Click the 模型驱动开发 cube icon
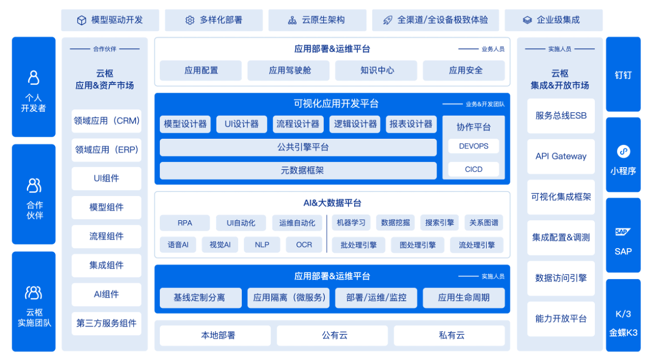[x=81, y=20]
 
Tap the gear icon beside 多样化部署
[x=190, y=20]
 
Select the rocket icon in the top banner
[x=387, y=20]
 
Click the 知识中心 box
[x=377, y=70]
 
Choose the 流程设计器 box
[x=297, y=124]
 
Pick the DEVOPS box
[x=473, y=146]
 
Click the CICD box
[x=473, y=169]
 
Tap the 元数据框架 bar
[x=298, y=170]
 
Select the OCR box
[x=304, y=244]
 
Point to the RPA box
[x=184, y=223]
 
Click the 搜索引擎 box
[x=439, y=223]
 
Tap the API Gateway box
[x=561, y=156]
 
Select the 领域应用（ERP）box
[x=106, y=150]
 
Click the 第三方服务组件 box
[x=106, y=323]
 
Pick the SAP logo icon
[x=623, y=232]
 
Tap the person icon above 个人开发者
[x=34, y=78]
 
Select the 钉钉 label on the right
[x=623, y=75]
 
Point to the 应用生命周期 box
[x=464, y=297]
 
